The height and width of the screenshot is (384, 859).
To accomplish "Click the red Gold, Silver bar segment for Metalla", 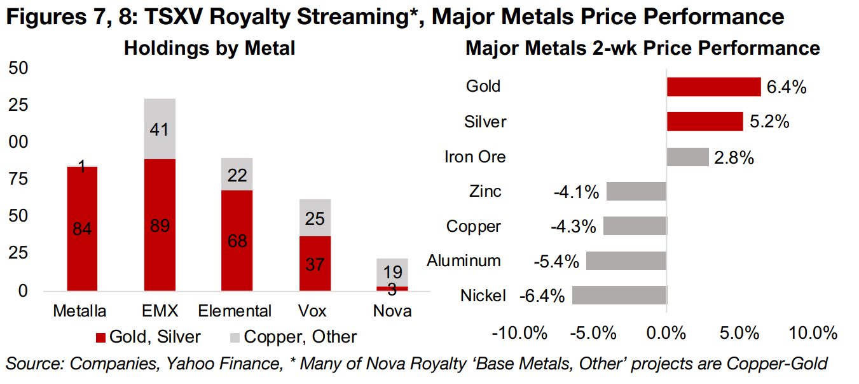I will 83,210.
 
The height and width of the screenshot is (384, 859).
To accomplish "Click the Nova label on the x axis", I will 391,311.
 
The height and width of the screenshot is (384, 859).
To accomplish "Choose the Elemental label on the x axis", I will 235,311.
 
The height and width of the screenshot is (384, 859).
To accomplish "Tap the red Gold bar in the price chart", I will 713,87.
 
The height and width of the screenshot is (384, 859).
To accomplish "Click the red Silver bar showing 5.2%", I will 704,122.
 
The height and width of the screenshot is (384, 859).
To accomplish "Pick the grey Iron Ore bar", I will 687,157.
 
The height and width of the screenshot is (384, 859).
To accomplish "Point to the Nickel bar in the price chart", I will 619,295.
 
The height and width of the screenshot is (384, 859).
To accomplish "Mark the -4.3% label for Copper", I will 574,226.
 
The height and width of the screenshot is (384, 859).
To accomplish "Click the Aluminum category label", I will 464,260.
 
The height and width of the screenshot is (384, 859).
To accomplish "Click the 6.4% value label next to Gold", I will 786,87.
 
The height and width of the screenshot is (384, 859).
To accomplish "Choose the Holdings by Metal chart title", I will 209,48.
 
